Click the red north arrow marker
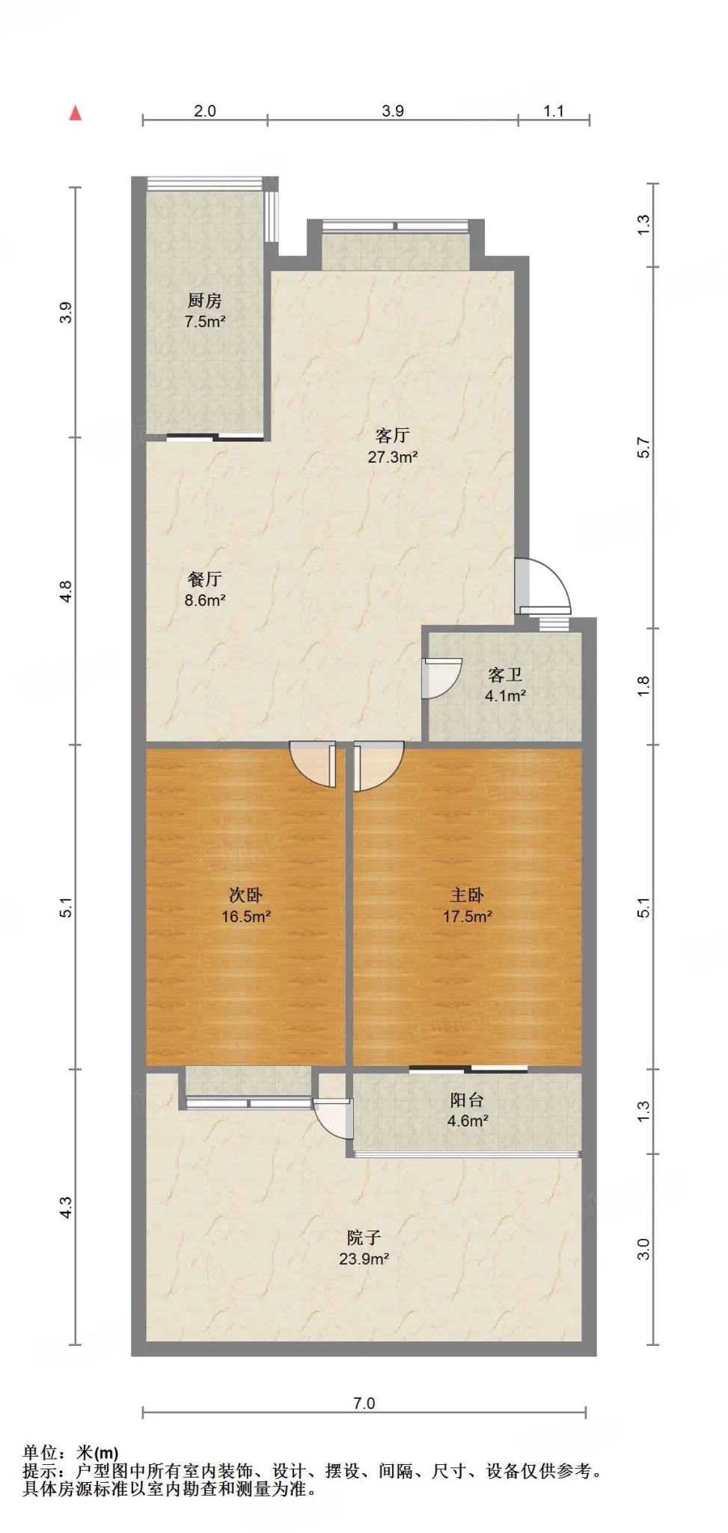75,113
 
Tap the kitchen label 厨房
204,301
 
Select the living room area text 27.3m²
392,457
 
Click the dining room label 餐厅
204,579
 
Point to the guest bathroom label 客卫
505,675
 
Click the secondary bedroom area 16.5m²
245,916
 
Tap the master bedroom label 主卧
467,894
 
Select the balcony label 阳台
467,1100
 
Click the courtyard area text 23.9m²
364,1259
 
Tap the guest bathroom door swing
441,677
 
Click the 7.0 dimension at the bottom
364,1404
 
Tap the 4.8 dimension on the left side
67,591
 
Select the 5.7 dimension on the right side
644,447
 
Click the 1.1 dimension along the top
554,111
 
